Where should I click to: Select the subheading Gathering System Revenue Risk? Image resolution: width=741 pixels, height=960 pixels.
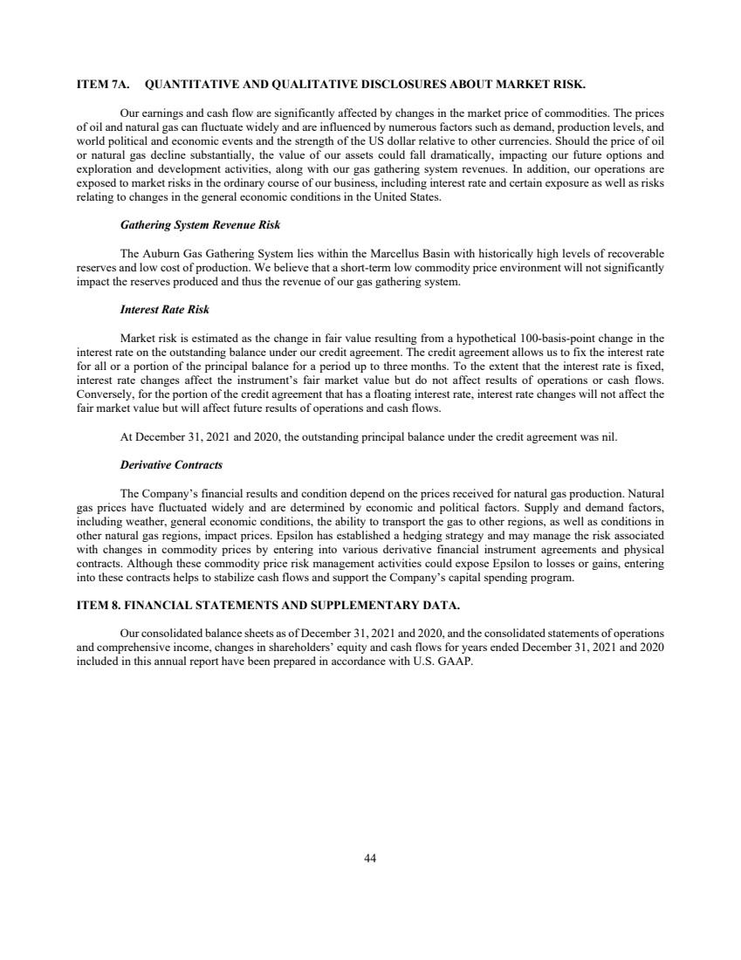pos(200,225)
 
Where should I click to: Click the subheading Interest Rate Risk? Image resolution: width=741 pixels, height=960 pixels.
pos(164,309)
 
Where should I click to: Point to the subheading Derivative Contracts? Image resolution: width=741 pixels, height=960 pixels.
pos(171,464)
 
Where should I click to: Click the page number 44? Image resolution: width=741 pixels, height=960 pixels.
pos(370,858)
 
